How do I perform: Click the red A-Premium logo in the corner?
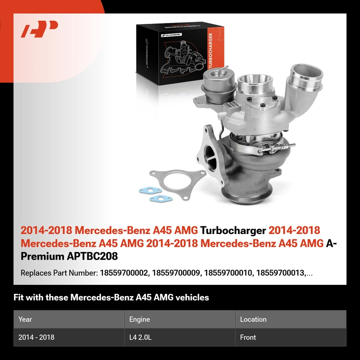pyautogui.click(x=39, y=29)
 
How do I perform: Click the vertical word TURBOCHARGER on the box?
pyautogui.click(x=211, y=50)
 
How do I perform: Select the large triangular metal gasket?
pyautogui.click(x=177, y=183)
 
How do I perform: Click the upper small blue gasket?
pyautogui.click(x=150, y=190)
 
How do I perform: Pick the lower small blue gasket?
pyautogui.click(x=161, y=198)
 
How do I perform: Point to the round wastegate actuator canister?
pyautogui.click(x=219, y=85)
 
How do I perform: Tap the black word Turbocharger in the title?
pyautogui.click(x=233, y=230)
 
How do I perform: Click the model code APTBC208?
pyautogui.click(x=92, y=256)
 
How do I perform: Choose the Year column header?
pyautogui.click(x=25, y=319)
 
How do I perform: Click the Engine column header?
pyautogui.click(x=139, y=319)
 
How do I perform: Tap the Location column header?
pyautogui.click(x=253, y=319)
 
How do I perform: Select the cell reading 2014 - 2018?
pyautogui.click(x=36, y=337)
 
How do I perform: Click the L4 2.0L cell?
pyautogui.click(x=140, y=337)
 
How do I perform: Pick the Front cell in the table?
pyautogui.click(x=248, y=337)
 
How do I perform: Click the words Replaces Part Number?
pyautogui.click(x=59, y=273)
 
